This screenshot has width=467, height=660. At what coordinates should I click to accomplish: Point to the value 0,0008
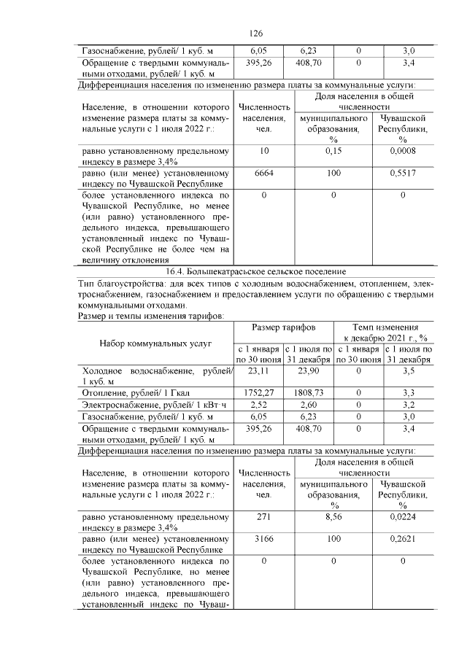[x=402, y=151]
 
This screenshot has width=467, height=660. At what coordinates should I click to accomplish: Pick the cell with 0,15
[x=333, y=151]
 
